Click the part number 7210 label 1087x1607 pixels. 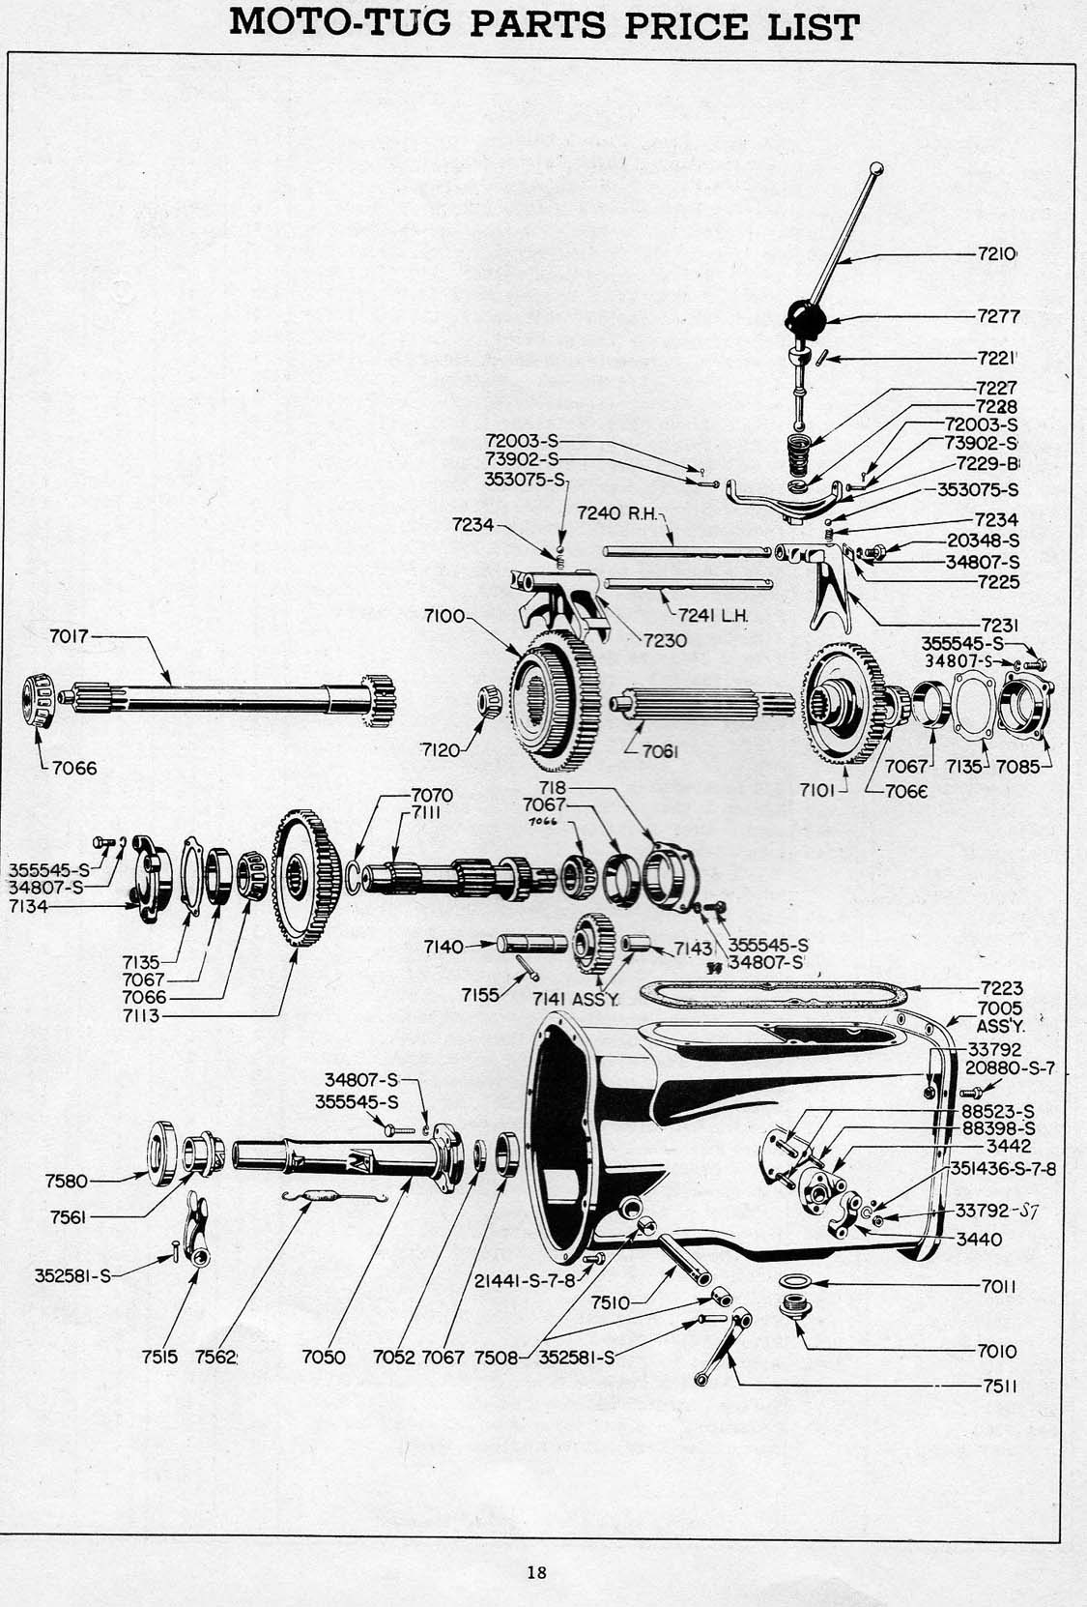coord(996,255)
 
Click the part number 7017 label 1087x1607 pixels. coord(69,636)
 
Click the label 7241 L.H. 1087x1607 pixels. coord(714,615)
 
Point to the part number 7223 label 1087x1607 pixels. coord(1000,987)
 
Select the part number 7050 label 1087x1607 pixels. coord(324,1357)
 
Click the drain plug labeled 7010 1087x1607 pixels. coord(793,1311)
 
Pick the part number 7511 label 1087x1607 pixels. coord(1001,1386)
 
